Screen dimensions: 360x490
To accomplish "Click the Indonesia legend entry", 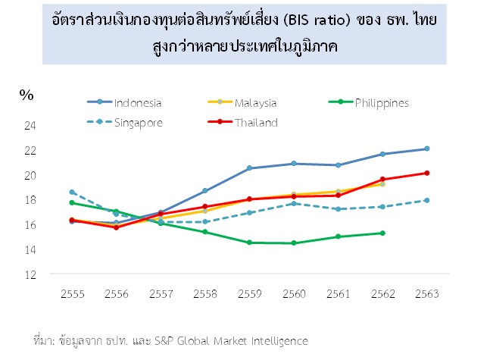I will pyautogui.click(x=137, y=103).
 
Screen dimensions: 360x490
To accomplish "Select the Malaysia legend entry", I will pyautogui.click(x=254, y=103).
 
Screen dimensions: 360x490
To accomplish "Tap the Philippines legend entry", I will pyautogui.click(x=382, y=103).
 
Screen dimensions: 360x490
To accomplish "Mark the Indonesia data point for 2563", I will pyautogui.click(x=427, y=149).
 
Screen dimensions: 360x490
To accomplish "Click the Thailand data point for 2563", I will pyautogui.click(x=427, y=173).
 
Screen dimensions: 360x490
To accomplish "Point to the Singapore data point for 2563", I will pyautogui.click(x=427, y=200).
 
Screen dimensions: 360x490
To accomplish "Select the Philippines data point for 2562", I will pyautogui.click(x=382, y=233).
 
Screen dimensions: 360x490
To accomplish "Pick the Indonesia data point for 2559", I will pyautogui.click(x=249, y=168).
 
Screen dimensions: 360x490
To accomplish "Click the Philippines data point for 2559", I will pyautogui.click(x=249, y=243).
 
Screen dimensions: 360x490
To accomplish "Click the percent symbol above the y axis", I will pyautogui.click(x=27, y=95).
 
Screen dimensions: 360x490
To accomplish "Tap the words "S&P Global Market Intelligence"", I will pyautogui.click(x=236, y=340).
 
